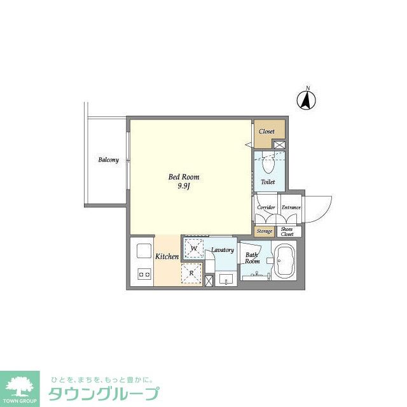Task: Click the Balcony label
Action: click(x=108, y=160)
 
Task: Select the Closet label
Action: click(x=266, y=132)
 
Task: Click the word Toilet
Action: click(x=268, y=182)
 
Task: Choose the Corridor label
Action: click(x=266, y=207)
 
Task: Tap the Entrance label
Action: click(x=291, y=207)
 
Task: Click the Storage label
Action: click(x=265, y=231)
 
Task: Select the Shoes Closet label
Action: click(x=287, y=231)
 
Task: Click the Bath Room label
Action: click(x=252, y=258)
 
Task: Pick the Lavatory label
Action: click(x=223, y=250)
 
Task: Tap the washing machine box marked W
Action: click(x=194, y=248)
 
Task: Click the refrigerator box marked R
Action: click(x=192, y=273)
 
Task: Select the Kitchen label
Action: click(x=167, y=257)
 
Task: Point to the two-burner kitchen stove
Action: click(x=143, y=275)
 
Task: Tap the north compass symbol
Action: click(x=307, y=100)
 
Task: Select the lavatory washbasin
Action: click(x=225, y=279)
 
